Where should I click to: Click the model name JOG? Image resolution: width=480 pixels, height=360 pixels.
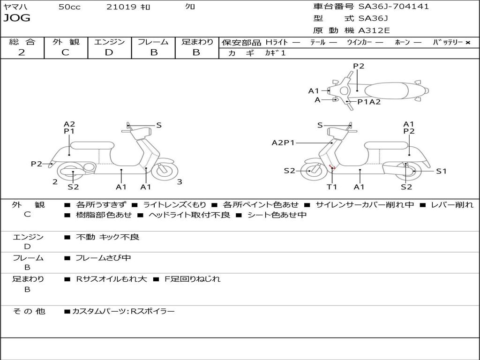coord(17,18)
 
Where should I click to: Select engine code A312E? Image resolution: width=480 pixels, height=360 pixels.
coord(374,30)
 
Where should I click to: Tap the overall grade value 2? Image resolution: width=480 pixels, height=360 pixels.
coord(22,52)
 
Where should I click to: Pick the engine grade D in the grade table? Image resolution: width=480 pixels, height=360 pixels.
coord(109,52)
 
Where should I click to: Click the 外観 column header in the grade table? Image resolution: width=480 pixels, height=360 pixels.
coord(66,42)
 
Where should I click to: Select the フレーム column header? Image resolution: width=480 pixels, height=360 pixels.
coord(153,42)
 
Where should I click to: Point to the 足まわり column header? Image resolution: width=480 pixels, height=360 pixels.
coord(197,42)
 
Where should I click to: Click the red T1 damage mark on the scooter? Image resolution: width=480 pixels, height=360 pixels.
coord(332,167)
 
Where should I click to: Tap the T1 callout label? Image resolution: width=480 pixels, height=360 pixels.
coord(332,187)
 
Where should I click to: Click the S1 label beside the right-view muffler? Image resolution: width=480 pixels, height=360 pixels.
coord(441,171)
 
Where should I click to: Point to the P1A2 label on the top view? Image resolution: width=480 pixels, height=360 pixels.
coord(369,102)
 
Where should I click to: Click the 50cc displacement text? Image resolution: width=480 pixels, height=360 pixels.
coord(69,7)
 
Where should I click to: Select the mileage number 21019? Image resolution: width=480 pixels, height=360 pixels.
coord(121,7)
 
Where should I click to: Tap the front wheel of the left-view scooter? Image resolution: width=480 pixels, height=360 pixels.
coord(165,171)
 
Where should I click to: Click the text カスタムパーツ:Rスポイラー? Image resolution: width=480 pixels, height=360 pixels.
coord(123,311)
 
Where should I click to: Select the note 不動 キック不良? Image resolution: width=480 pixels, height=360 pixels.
coord(107,237)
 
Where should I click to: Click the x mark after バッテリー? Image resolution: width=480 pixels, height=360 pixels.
coord(467,42)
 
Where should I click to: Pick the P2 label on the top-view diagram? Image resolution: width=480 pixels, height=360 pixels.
coord(359,66)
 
